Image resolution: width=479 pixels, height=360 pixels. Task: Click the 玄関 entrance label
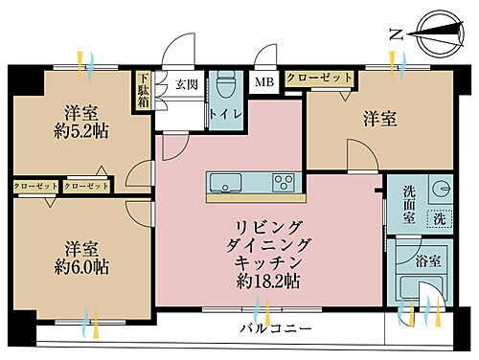coord(185,82)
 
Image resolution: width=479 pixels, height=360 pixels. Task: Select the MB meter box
coord(262,83)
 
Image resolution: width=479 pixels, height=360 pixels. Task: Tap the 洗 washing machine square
coord(441,218)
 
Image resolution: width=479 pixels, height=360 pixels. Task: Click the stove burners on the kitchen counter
coord(283,182)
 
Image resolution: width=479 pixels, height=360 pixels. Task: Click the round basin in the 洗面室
coord(441,189)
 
